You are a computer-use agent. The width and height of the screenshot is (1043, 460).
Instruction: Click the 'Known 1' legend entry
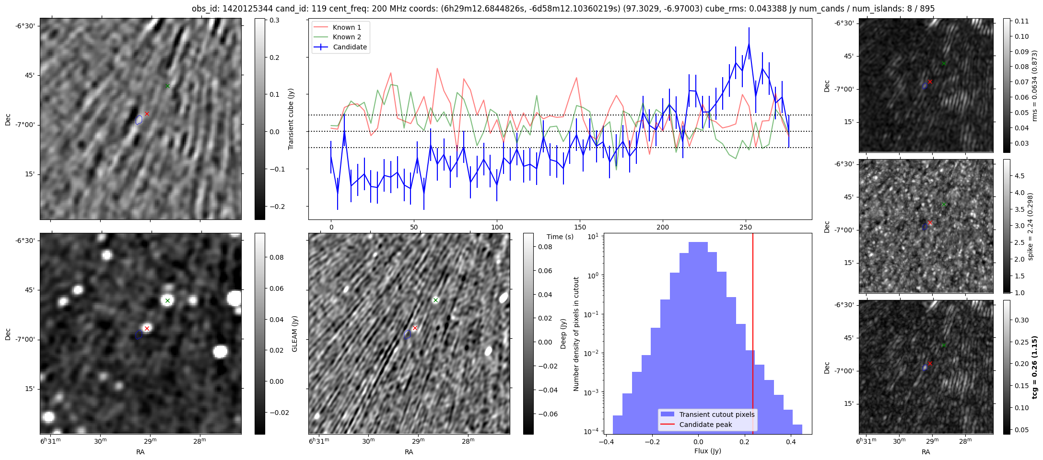(346, 27)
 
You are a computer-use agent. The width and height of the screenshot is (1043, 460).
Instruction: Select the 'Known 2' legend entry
(346, 37)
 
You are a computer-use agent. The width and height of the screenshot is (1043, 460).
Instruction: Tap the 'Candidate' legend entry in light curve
(350, 47)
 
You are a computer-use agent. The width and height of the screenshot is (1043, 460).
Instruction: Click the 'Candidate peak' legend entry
(705, 425)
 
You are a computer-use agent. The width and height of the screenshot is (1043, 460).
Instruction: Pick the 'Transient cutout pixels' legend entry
(716, 414)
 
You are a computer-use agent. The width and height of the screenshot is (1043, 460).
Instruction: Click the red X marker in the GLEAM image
(147, 328)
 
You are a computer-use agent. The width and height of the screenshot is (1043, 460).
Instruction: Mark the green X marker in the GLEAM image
(167, 301)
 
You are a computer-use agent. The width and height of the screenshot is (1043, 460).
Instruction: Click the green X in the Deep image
(435, 300)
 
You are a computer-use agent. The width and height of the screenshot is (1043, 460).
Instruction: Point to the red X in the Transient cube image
(147, 114)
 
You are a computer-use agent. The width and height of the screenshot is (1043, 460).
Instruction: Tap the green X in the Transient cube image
(167, 86)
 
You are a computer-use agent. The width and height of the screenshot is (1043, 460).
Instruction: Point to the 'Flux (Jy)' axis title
(707, 451)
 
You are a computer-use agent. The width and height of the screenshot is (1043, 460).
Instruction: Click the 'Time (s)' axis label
(560, 237)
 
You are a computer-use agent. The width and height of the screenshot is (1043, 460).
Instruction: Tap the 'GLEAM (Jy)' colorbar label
(294, 333)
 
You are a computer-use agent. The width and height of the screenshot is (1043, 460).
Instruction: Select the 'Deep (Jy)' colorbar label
(563, 333)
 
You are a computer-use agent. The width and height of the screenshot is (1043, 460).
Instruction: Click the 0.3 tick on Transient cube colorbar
(275, 20)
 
